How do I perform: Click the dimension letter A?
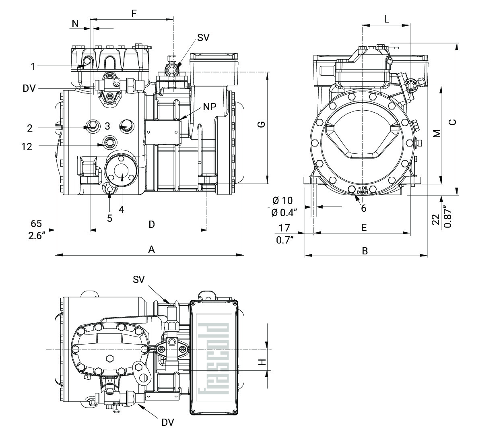(151, 250)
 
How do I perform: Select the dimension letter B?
(365, 251)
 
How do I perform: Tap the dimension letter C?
(453, 122)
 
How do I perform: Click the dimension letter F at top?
(134, 13)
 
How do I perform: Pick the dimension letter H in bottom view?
(262, 362)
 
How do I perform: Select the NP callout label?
(210, 107)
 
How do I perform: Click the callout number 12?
(27, 147)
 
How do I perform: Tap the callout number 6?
(364, 208)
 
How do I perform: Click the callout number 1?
(33, 66)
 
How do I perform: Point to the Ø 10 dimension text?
(282, 200)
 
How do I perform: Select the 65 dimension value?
(36, 224)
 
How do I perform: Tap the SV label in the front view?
(203, 37)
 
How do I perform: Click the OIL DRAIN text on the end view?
(363, 190)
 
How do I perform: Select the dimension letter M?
(437, 134)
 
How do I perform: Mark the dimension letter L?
(386, 19)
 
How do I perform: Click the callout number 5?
(109, 218)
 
